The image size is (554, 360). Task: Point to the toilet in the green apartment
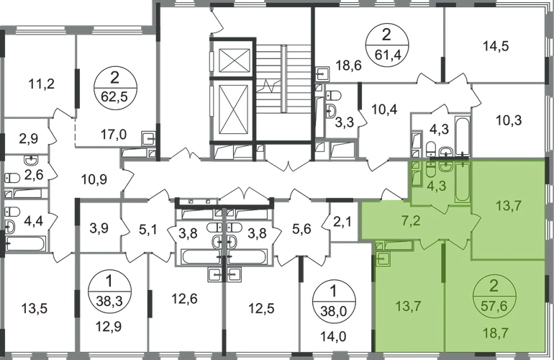coord(429,173)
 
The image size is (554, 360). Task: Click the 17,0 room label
coord(114,132)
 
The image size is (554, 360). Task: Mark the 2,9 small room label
coord(28,135)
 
